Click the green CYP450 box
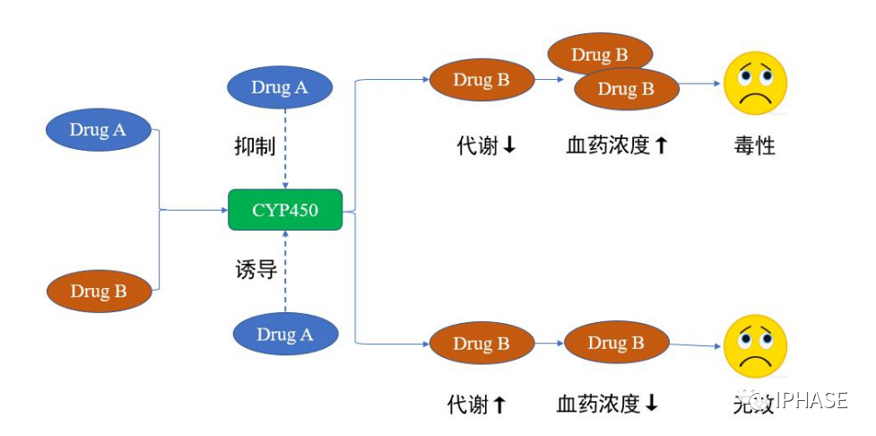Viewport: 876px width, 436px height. tap(284, 210)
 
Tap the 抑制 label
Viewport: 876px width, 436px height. tap(248, 146)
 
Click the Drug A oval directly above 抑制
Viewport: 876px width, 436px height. tap(280, 88)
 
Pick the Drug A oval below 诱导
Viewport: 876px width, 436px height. tap(285, 334)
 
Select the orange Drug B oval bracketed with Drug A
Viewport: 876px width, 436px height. tap(99, 291)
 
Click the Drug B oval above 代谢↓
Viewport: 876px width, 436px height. tap(481, 80)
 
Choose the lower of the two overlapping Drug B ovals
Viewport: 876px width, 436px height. tap(626, 89)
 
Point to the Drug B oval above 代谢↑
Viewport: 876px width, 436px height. tap(481, 343)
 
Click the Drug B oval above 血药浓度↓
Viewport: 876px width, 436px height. tap(616, 343)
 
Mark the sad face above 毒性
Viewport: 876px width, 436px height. tap(755, 83)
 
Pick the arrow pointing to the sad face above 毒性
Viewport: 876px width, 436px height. tap(700, 84)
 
